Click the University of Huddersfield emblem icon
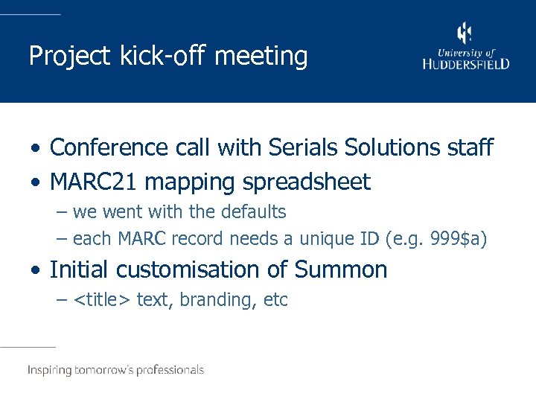point(465,34)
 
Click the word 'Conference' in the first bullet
point(109,147)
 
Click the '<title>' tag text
point(103,300)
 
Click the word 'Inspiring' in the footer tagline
point(51,370)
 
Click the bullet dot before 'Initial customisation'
point(36,270)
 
